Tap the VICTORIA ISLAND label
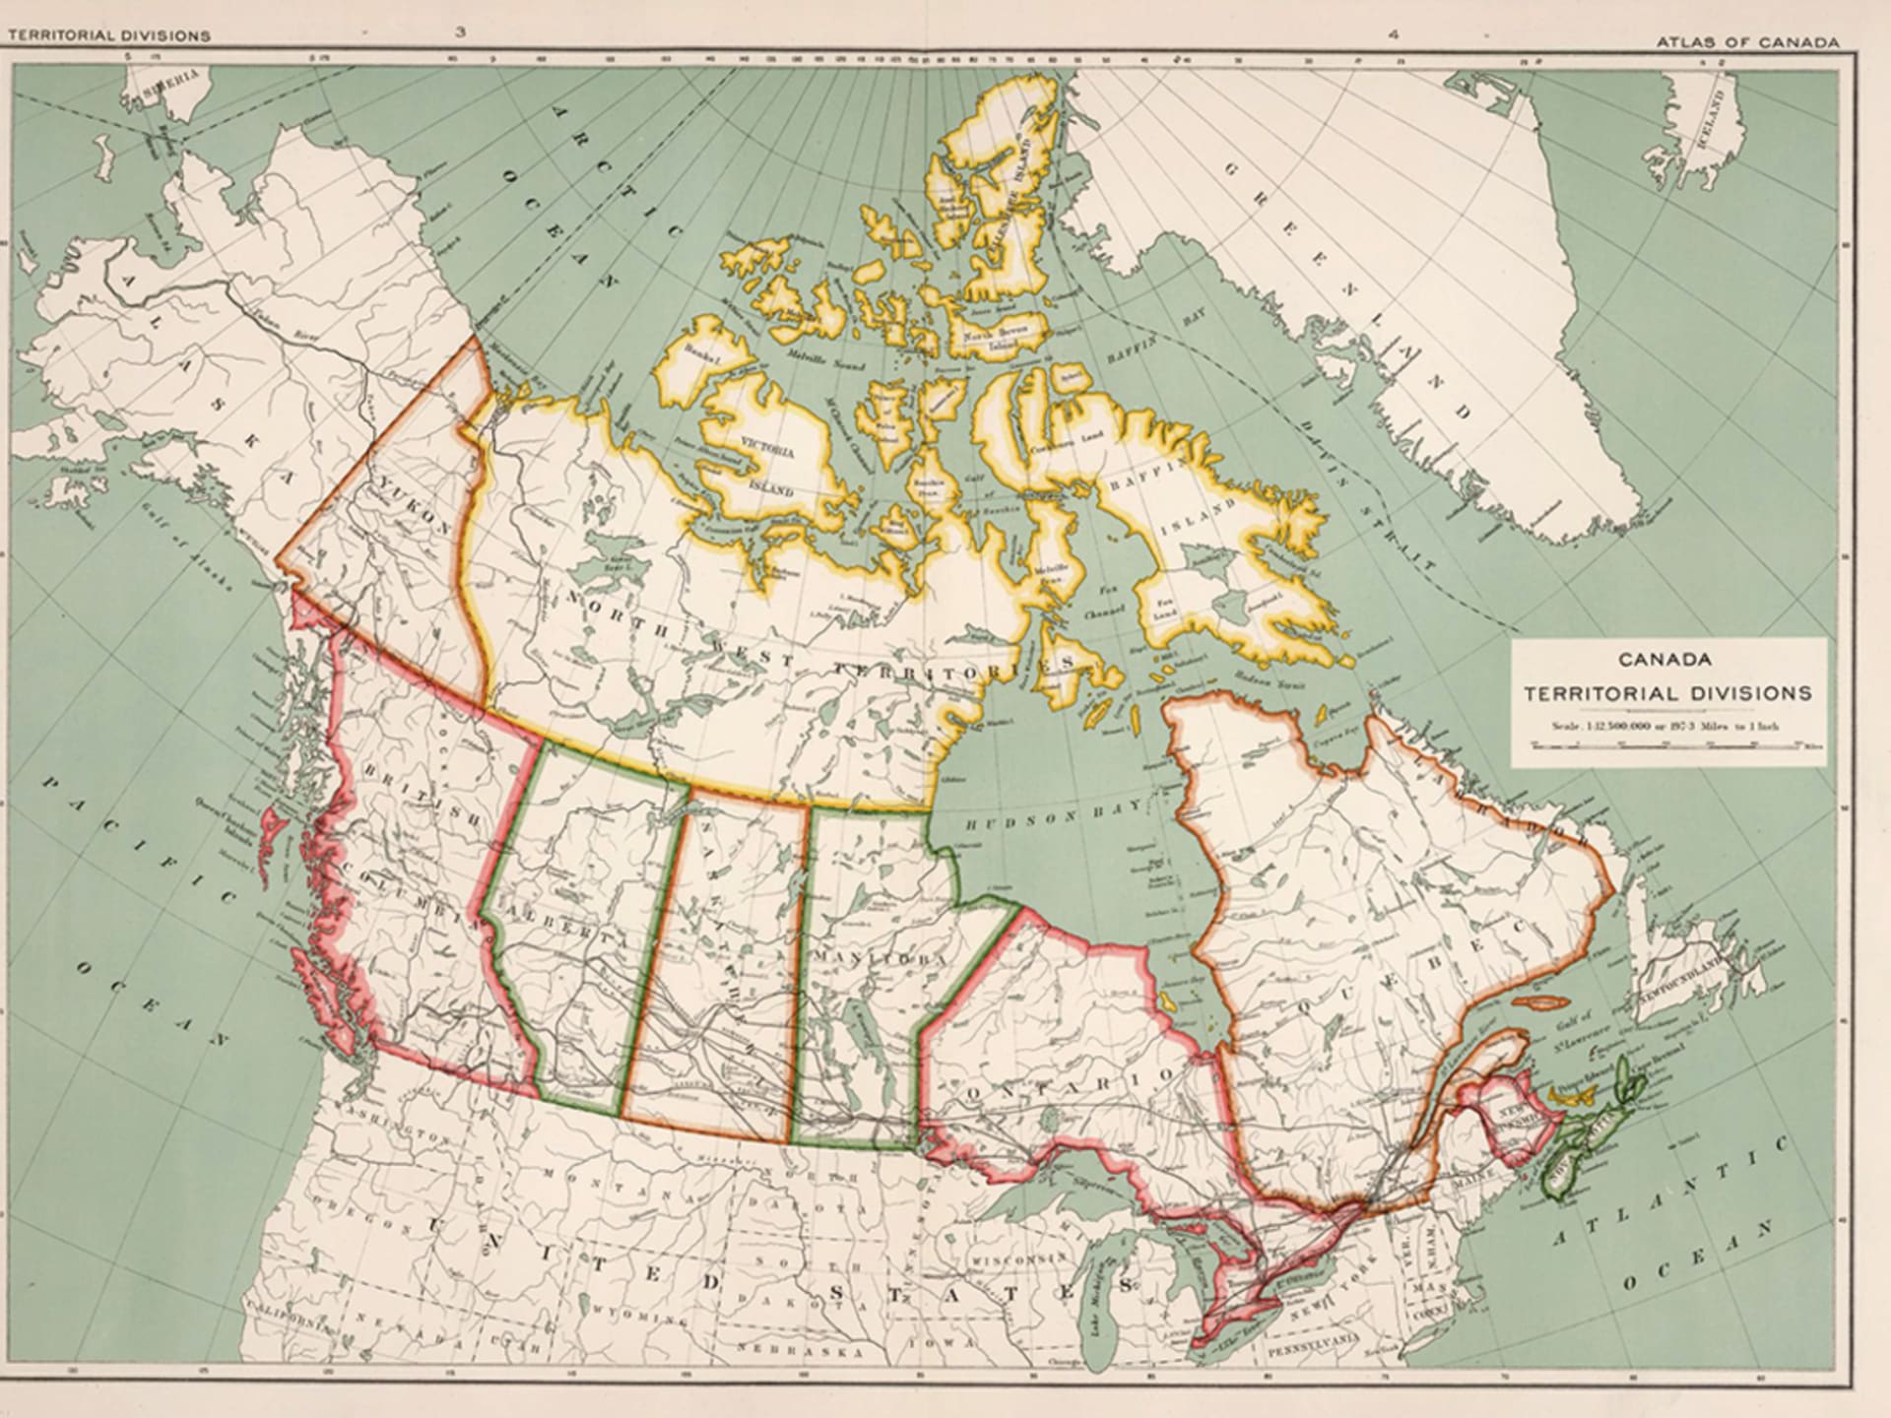pyautogui.click(x=772, y=468)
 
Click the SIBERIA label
pyautogui.click(x=172, y=84)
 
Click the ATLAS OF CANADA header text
pyautogui.click(x=1747, y=42)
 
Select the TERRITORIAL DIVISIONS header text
pyautogui.click(x=109, y=35)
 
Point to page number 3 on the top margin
pyautogui.click(x=460, y=32)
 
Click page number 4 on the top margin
pyautogui.click(x=1392, y=34)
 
